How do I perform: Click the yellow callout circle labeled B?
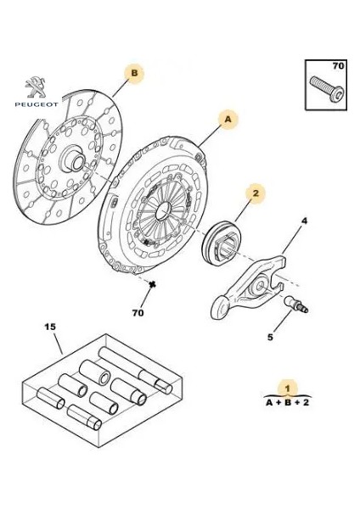click(x=134, y=74)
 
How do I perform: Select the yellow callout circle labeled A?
click(x=228, y=120)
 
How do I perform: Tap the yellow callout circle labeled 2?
click(x=253, y=193)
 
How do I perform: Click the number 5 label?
click(x=270, y=337)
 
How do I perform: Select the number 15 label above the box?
click(x=50, y=327)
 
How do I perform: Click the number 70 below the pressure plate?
click(x=151, y=311)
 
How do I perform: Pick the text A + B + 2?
click(x=287, y=405)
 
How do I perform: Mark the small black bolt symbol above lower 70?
click(x=151, y=288)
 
